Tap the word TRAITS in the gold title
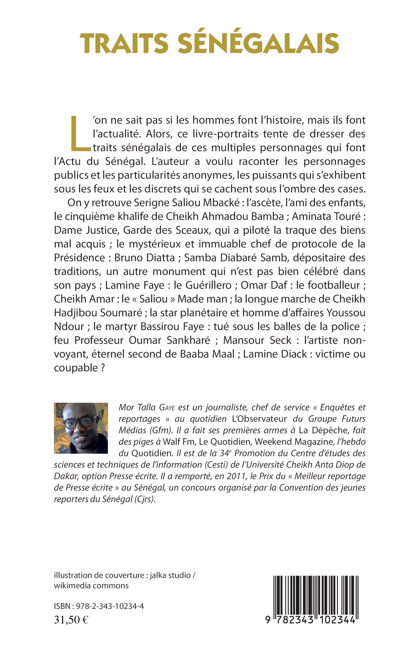tap(124, 44)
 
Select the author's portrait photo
tap(81, 428)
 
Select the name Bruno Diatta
tap(145, 258)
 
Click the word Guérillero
tap(209, 285)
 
